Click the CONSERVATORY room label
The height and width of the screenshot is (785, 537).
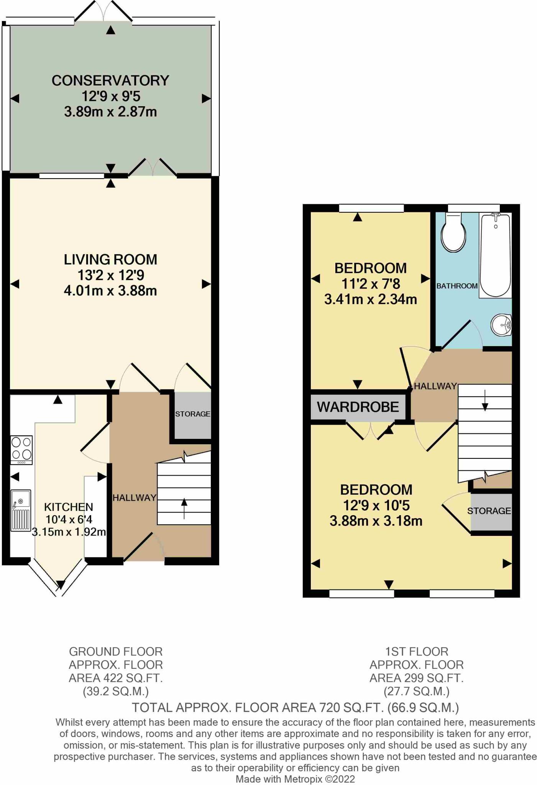point(110,80)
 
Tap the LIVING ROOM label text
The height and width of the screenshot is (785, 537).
point(110,259)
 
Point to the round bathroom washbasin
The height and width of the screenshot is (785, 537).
point(502,325)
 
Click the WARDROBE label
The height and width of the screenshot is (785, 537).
point(358,407)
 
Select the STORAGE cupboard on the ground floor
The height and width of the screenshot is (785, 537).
point(192,414)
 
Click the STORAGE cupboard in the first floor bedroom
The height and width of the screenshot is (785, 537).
point(489,511)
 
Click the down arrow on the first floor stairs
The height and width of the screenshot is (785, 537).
point(485,401)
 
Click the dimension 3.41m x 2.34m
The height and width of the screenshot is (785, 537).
point(370,299)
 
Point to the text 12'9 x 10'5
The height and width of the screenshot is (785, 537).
point(376,506)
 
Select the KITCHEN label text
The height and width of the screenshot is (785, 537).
point(69,507)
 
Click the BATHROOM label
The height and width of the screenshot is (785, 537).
point(457,286)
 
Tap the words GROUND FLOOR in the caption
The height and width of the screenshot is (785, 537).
point(116,651)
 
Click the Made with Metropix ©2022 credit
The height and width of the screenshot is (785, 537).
point(295,779)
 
